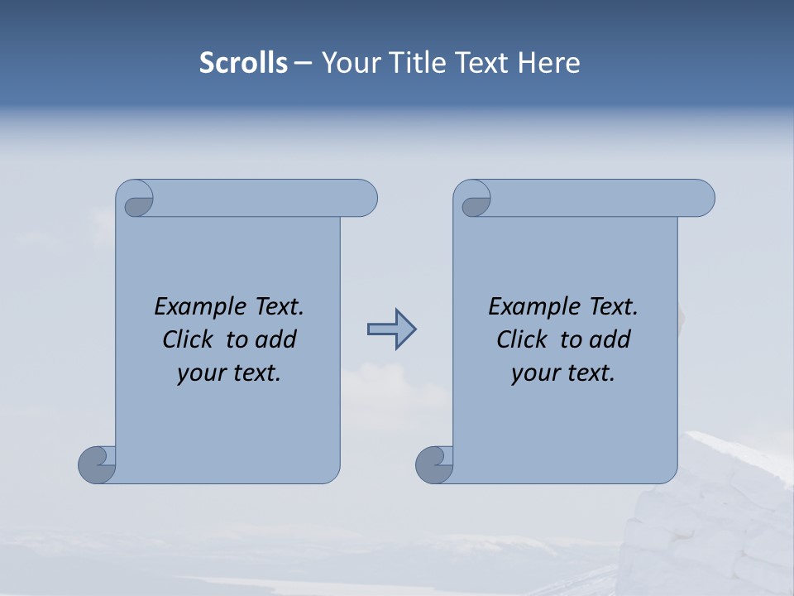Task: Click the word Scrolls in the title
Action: click(243, 63)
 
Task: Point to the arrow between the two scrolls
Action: click(392, 329)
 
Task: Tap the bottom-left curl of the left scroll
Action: click(97, 464)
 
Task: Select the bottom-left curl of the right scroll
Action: click(434, 464)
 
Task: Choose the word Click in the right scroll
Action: click(522, 339)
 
